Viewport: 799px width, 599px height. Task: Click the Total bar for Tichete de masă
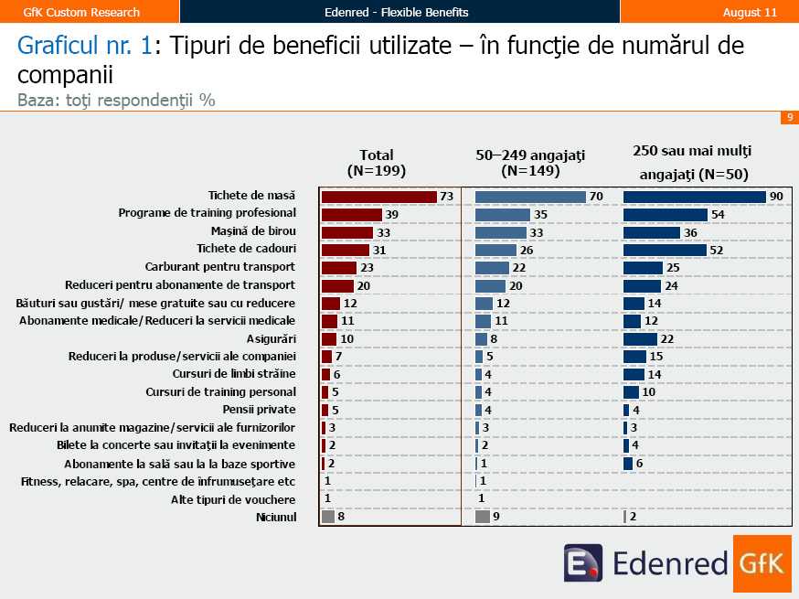point(379,197)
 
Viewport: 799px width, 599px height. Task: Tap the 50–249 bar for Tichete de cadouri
point(495,250)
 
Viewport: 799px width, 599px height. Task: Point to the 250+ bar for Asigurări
point(640,338)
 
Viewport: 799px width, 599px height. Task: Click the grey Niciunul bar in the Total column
point(328,517)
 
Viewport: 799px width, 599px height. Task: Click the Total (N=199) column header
point(376,163)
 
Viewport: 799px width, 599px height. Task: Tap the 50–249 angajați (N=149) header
point(530,162)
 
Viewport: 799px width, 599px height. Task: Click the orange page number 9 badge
point(788,118)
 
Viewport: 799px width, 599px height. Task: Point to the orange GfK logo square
point(762,563)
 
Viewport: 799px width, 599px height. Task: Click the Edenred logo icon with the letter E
point(582,563)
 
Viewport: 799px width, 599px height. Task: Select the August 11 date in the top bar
point(750,12)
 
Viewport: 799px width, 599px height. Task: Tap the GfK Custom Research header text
point(81,12)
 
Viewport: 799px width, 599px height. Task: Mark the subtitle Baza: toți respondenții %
point(116,100)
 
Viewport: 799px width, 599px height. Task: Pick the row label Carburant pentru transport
point(233,267)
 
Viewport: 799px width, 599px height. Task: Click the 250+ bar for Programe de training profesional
point(665,214)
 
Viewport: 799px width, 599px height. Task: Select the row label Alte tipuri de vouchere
point(233,499)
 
